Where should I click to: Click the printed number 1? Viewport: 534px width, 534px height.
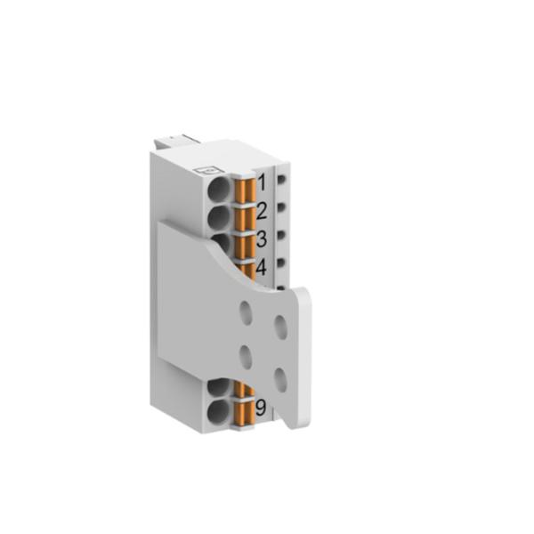pyautogui.click(x=262, y=184)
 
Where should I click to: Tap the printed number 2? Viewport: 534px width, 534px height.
pyautogui.click(x=262, y=211)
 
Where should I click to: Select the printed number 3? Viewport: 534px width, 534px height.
pyautogui.click(x=262, y=239)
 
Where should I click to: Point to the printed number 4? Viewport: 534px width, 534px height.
pyautogui.click(x=262, y=267)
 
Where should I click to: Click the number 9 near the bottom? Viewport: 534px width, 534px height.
pyautogui.click(x=261, y=409)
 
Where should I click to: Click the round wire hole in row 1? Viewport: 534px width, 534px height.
pyautogui.click(x=219, y=189)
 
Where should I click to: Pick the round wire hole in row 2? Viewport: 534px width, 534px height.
pyautogui.click(x=219, y=216)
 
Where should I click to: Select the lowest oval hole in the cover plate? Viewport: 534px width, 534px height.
pyautogui.click(x=280, y=381)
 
